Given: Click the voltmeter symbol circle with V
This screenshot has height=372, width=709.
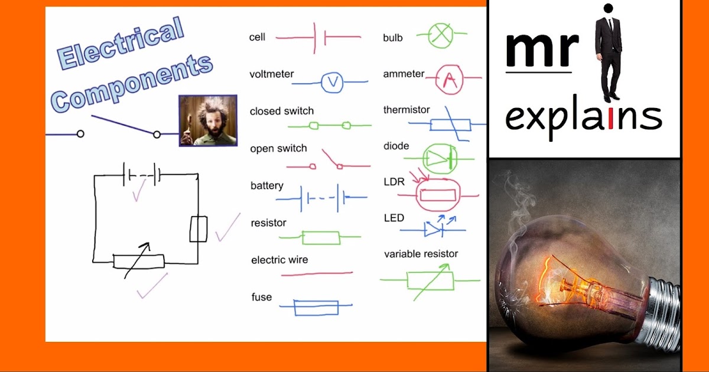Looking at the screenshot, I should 331,83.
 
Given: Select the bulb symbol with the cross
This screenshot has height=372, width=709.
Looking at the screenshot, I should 440,35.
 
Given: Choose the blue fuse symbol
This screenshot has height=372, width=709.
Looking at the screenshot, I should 316,307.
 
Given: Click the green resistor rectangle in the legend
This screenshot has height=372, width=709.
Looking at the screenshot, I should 321,237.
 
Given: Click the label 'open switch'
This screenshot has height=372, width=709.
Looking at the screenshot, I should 278,149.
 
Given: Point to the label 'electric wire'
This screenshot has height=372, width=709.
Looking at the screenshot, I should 279,260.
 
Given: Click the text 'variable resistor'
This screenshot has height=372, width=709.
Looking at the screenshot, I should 421,254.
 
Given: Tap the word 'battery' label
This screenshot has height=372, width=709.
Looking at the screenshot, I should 267,186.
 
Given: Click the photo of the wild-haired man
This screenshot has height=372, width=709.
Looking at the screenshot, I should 208,120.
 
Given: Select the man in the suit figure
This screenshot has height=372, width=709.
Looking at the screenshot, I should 608,53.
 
